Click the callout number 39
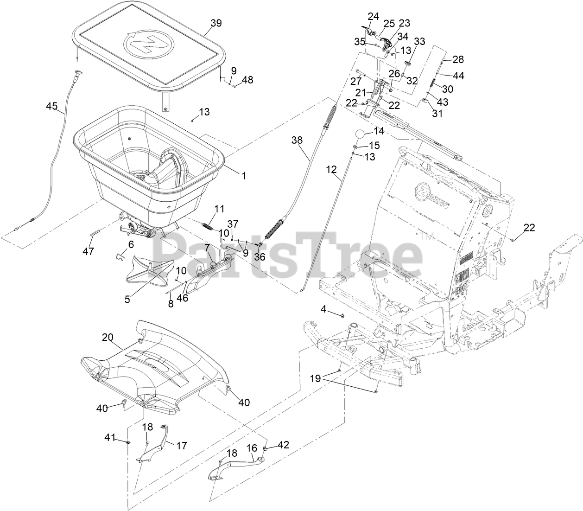[216, 23]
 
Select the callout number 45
[52, 106]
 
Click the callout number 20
[108, 338]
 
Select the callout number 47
[88, 251]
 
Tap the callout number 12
[331, 170]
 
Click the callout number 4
[324, 308]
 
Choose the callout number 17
[182, 446]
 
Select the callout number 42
[283, 445]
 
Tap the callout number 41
[109, 437]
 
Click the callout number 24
[373, 17]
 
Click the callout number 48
[247, 80]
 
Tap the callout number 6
[131, 244]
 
